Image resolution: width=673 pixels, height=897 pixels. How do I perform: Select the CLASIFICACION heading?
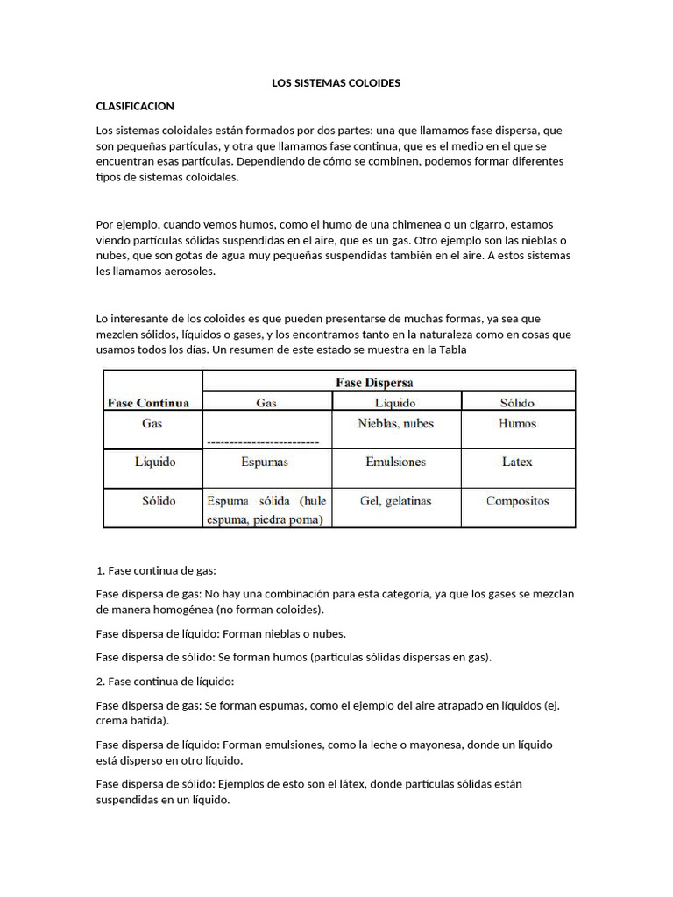[x=135, y=106]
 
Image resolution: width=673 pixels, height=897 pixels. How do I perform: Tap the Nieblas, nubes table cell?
[x=395, y=423]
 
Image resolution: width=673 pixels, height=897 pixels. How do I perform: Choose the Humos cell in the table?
[x=517, y=423]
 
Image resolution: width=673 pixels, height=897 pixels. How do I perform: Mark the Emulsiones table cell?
[x=395, y=462]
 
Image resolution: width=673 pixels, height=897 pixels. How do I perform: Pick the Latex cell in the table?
[x=517, y=462]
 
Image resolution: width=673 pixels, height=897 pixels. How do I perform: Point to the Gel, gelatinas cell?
[x=395, y=501]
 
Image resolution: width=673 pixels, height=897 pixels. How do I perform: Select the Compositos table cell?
[x=517, y=501]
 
